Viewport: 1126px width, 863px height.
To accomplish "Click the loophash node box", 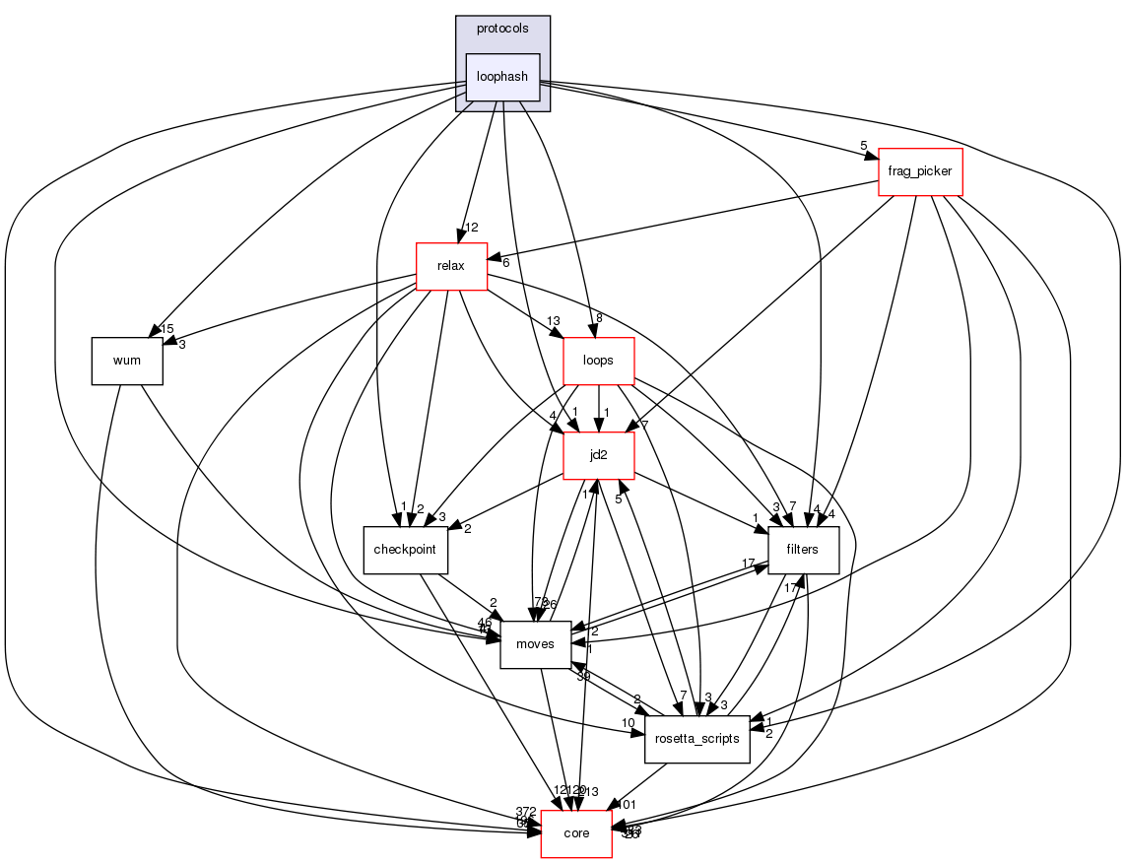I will pos(502,77).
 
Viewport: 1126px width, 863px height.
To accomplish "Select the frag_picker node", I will pos(919,171).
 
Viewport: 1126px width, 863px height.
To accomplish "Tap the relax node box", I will pos(451,266).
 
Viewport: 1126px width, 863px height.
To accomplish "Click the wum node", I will pos(127,361).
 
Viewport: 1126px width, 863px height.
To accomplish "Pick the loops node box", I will pos(598,361).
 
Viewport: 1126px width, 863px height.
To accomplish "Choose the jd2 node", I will pos(598,455).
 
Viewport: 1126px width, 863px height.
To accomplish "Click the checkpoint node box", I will pos(406,550).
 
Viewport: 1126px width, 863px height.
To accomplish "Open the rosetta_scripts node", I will pos(697,739).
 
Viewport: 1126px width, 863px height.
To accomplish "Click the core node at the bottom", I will pos(576,833).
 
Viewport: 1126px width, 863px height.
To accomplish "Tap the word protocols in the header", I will pos(502,29).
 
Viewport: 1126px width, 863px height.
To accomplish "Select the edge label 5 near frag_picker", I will pos(864,147).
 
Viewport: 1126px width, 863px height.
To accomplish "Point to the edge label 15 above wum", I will pos(167,329).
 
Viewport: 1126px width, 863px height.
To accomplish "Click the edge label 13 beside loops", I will pos(553,321).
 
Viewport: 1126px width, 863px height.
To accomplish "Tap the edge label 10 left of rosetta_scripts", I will pos(628,724).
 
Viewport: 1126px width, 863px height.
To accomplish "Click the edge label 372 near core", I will pos(526,811).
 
